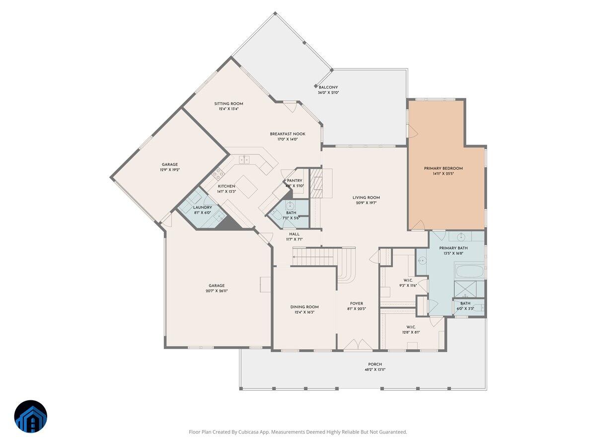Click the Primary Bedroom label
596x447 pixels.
point(443,168)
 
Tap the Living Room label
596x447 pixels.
point(366,197)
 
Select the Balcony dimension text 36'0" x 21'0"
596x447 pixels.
point(328,93)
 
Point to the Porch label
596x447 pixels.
point(375,364)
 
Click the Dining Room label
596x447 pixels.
point(304,307)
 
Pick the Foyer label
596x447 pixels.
point(356,303)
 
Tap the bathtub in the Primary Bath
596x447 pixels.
point(469,272)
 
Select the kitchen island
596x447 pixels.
point(246,186)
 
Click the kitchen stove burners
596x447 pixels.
point(218,174)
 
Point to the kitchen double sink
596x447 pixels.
point(244,159)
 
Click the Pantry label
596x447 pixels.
point(294,181)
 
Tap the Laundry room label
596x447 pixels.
point(202,208)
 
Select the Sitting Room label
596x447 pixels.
point(228,104)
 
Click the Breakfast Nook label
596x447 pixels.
point(288,134)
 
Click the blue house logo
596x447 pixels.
point(30,416)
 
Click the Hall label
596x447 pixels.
point(294,234)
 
